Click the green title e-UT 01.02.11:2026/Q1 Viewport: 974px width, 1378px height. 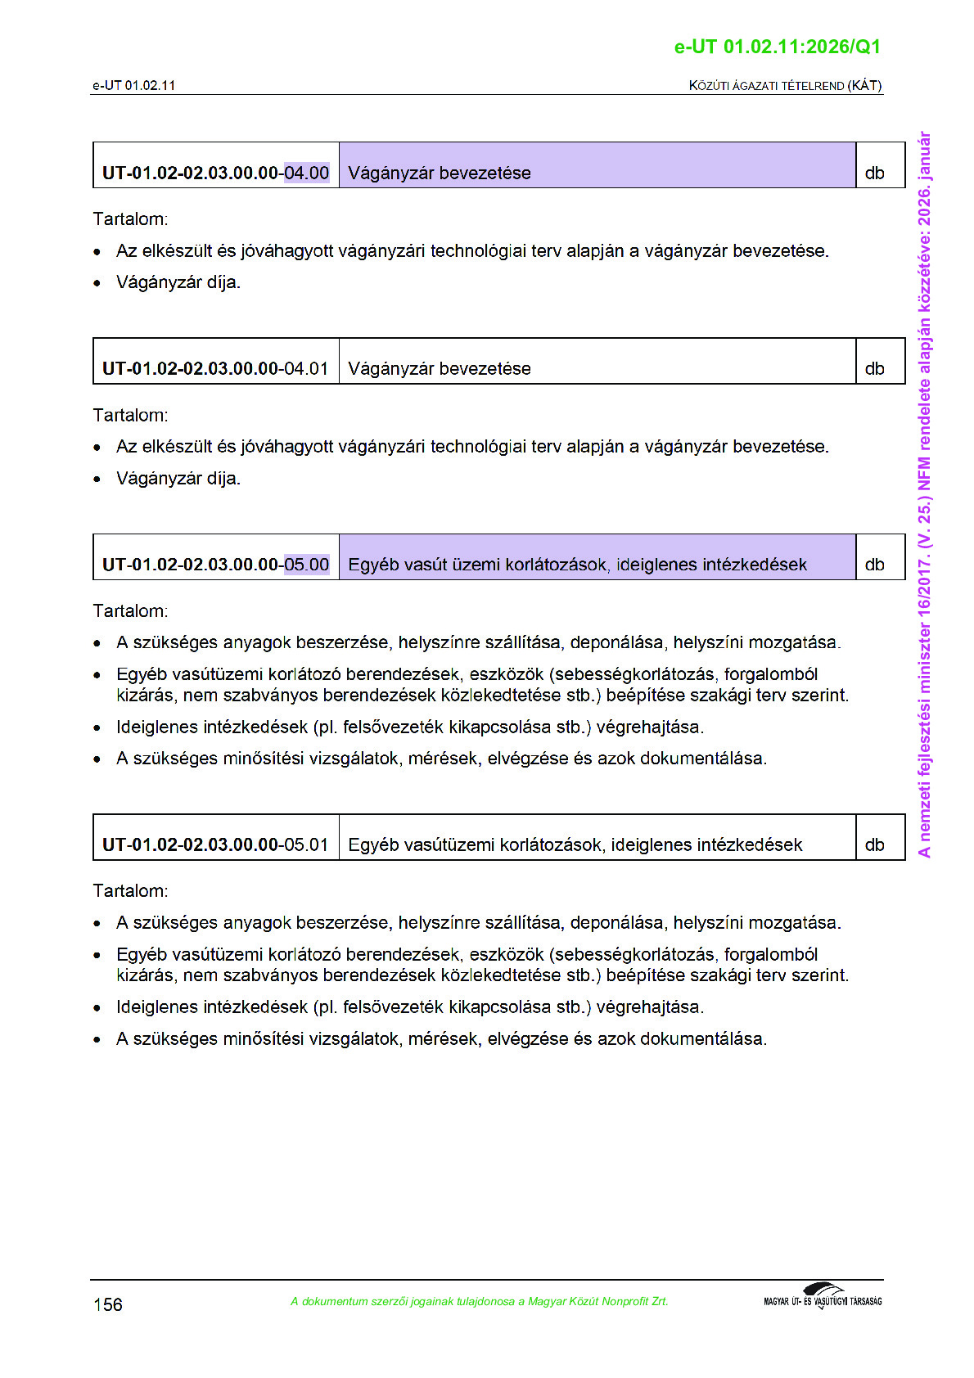[777, 47]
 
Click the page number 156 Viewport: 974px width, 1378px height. [108, 1304]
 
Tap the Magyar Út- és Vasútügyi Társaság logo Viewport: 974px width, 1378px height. [823, 1297]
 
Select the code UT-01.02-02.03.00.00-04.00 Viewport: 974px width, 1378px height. [215, 173]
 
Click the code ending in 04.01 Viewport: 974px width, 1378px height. [215, 368]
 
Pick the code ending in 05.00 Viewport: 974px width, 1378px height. [215, 565]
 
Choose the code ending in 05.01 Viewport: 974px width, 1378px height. [215, 844]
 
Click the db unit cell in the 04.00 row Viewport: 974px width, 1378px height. [875, 173]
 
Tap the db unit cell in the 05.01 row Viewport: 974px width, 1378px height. [875, 844]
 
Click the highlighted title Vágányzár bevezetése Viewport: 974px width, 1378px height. [440, 173]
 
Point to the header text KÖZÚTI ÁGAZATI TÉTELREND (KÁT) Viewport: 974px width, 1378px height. [785, 85]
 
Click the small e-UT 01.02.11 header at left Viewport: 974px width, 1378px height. [133, 85]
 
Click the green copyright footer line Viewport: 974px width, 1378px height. [479, 1301]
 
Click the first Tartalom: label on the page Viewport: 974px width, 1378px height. [130, 219]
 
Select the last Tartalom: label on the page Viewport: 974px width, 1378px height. [130, 890]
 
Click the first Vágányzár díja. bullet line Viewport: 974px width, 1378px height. [178, 282]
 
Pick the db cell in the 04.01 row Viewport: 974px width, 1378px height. [875, 368]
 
